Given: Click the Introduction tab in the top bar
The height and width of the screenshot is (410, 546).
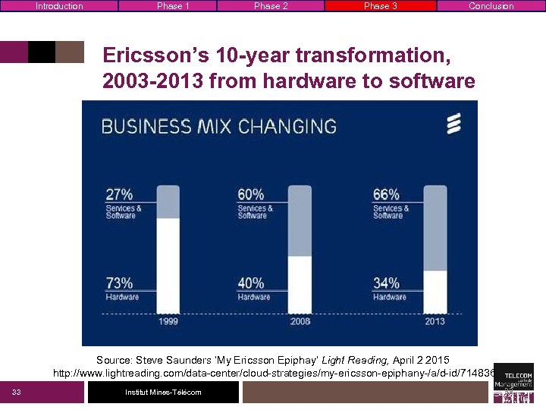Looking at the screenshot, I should [x=59, y=6].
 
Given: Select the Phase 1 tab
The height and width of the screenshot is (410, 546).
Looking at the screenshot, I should [x=173, y=6].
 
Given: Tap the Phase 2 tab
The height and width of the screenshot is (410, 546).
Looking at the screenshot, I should [x=271, y=6].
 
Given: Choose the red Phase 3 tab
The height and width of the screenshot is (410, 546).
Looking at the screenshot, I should [x=380, y=6].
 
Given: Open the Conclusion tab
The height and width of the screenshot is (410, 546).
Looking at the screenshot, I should [x=491, y=6].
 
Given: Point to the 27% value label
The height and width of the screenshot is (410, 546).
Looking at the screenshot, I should [x=119, y=194].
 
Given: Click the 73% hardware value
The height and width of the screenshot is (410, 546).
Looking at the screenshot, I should [x=120, y=283].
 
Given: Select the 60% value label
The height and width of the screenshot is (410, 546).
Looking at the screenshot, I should [x=251, y=194].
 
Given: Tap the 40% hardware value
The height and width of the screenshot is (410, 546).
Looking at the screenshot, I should [x=251, y=283].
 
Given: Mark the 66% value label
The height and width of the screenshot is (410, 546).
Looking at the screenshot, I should [x=386, y=194].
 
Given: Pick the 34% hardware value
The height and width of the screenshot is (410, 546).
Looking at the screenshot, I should [x=386, y=283].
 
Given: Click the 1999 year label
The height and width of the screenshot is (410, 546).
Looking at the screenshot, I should [x=168, y=321].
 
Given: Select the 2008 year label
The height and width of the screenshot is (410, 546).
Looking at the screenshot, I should [x=300, y=321].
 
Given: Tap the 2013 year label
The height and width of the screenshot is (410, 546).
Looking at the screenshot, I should [x=435, y=321].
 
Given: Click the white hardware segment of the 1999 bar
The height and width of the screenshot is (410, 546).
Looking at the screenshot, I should [x=168, y=266].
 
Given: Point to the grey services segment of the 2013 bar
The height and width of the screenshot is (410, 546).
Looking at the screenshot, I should [x=435, y=228].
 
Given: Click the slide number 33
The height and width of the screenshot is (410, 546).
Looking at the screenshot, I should [x=16, y=392].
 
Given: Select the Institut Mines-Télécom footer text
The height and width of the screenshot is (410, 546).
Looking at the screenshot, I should [x=163, y=392].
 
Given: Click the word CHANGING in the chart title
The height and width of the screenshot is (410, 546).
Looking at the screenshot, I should [x=287, y=126].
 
